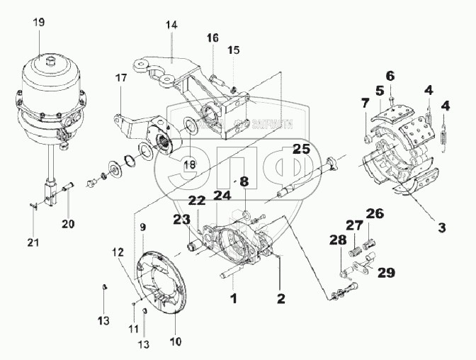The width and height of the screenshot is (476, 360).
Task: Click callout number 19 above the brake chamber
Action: [38, 23]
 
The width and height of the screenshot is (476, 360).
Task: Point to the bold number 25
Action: [302, 149]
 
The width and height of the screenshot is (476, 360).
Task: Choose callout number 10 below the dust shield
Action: [176, 342]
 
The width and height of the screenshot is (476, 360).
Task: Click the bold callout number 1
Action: [234, 298]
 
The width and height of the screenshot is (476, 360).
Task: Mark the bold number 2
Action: [281, 298]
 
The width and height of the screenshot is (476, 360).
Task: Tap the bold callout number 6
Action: [390, 76]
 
